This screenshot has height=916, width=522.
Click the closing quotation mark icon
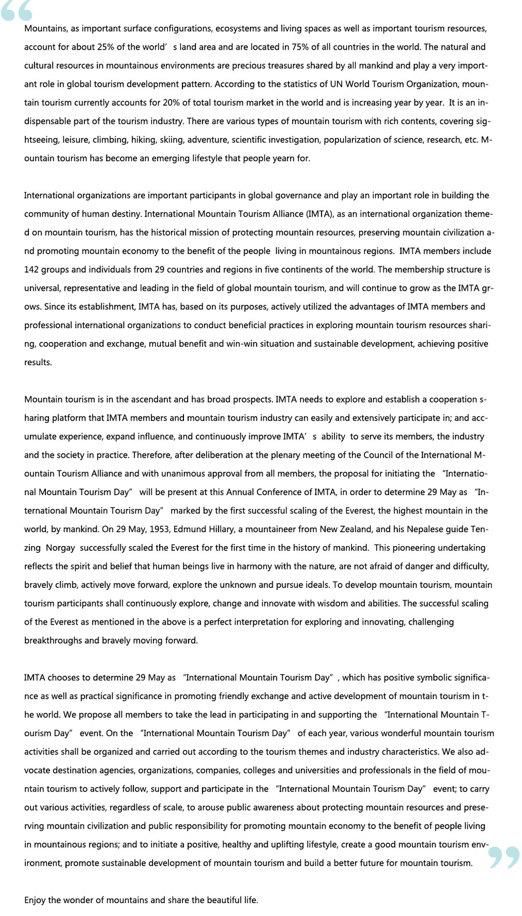coord(503,857)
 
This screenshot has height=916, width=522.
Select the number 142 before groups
coord(31,270)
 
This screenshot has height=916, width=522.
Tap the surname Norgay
coord(60,548)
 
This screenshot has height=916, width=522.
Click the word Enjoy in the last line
coord(35,900)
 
